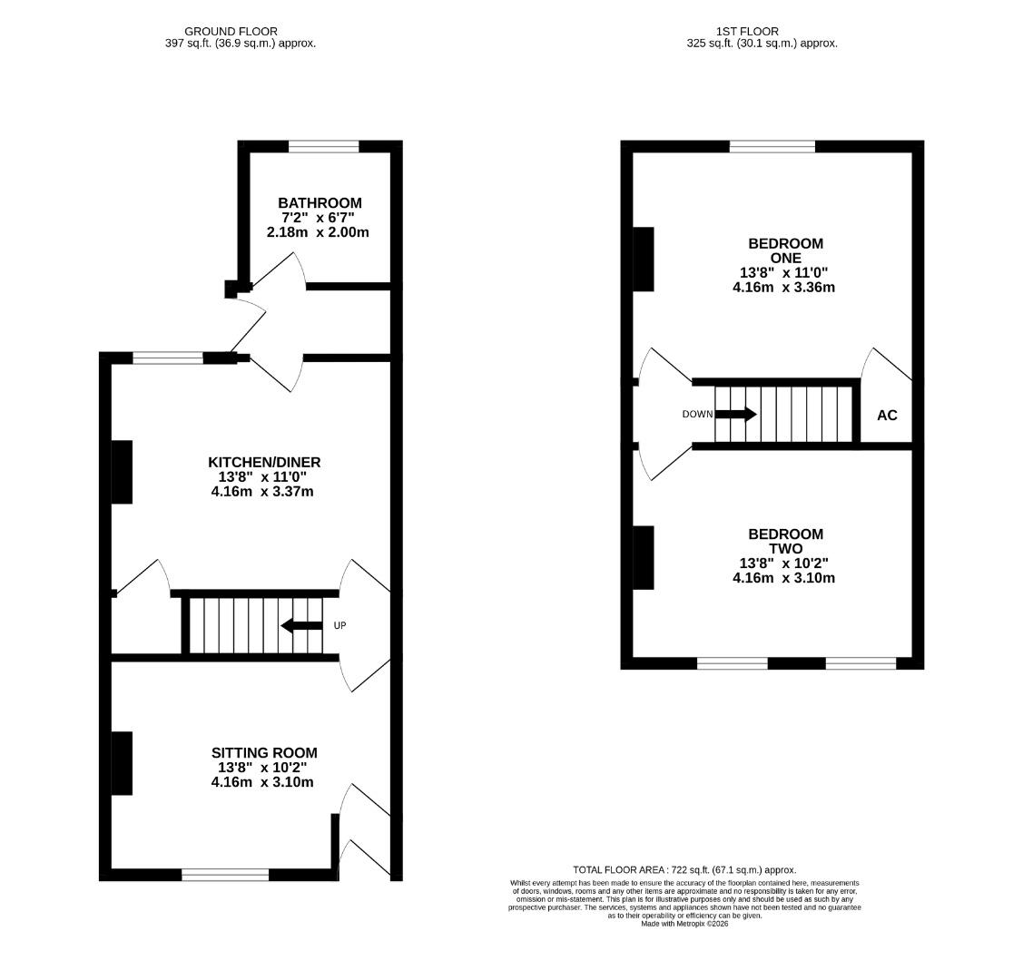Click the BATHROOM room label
click(x=320, y=203)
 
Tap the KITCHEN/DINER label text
click(x=264, y=462)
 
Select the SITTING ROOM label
click(x=264, y=752)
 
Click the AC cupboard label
click(x=887, y=416)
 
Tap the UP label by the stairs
click(x=339, y=625)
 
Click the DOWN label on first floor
click(x=697, y=415)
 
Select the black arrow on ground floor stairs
click(x=301, y=625)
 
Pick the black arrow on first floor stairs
click(x=736, y=415)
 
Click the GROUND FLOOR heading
click(x=231, y=31)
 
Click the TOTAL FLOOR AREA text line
click(x=684, y=869)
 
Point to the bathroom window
click(x=323, y=146)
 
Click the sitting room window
click(x=225, y=875)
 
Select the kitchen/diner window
click(x=168, y=358)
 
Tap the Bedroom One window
click(x=772, y=146)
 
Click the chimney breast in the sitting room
click(x=122, y=763)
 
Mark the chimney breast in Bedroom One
click(x=643, y=259)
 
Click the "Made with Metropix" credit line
click(x=684, y=924)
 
